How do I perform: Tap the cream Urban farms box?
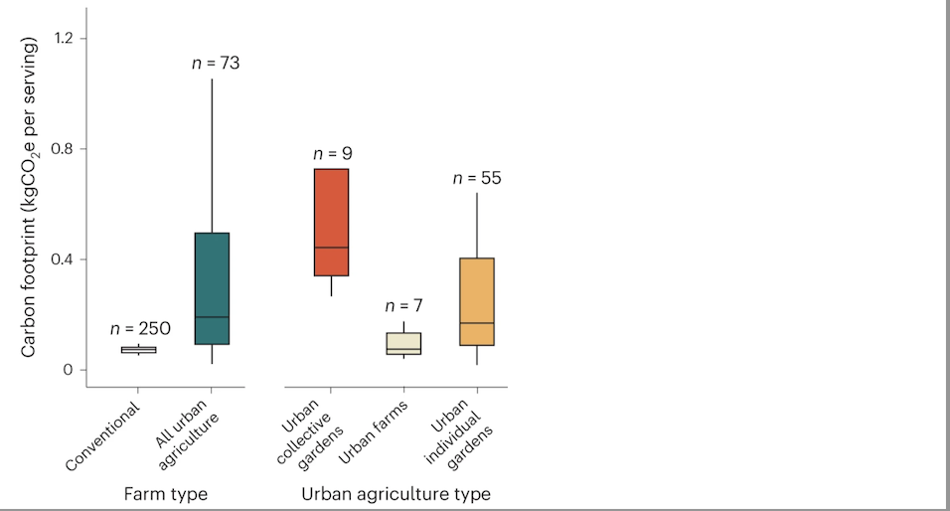[x=403, y=344]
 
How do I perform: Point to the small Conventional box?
[x=138, y=349]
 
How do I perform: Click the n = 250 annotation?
[x=139, y=328]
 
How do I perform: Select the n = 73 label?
[x=216, y=64]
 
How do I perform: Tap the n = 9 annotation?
[x=333, y=154]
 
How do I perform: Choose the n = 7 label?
[x=403, y=305]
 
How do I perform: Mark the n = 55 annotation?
[x=477, y=178]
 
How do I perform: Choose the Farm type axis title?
[x=167, y=493]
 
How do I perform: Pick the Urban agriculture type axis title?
[x=396, y=493]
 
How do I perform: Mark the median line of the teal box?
[x=212, y=317]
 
